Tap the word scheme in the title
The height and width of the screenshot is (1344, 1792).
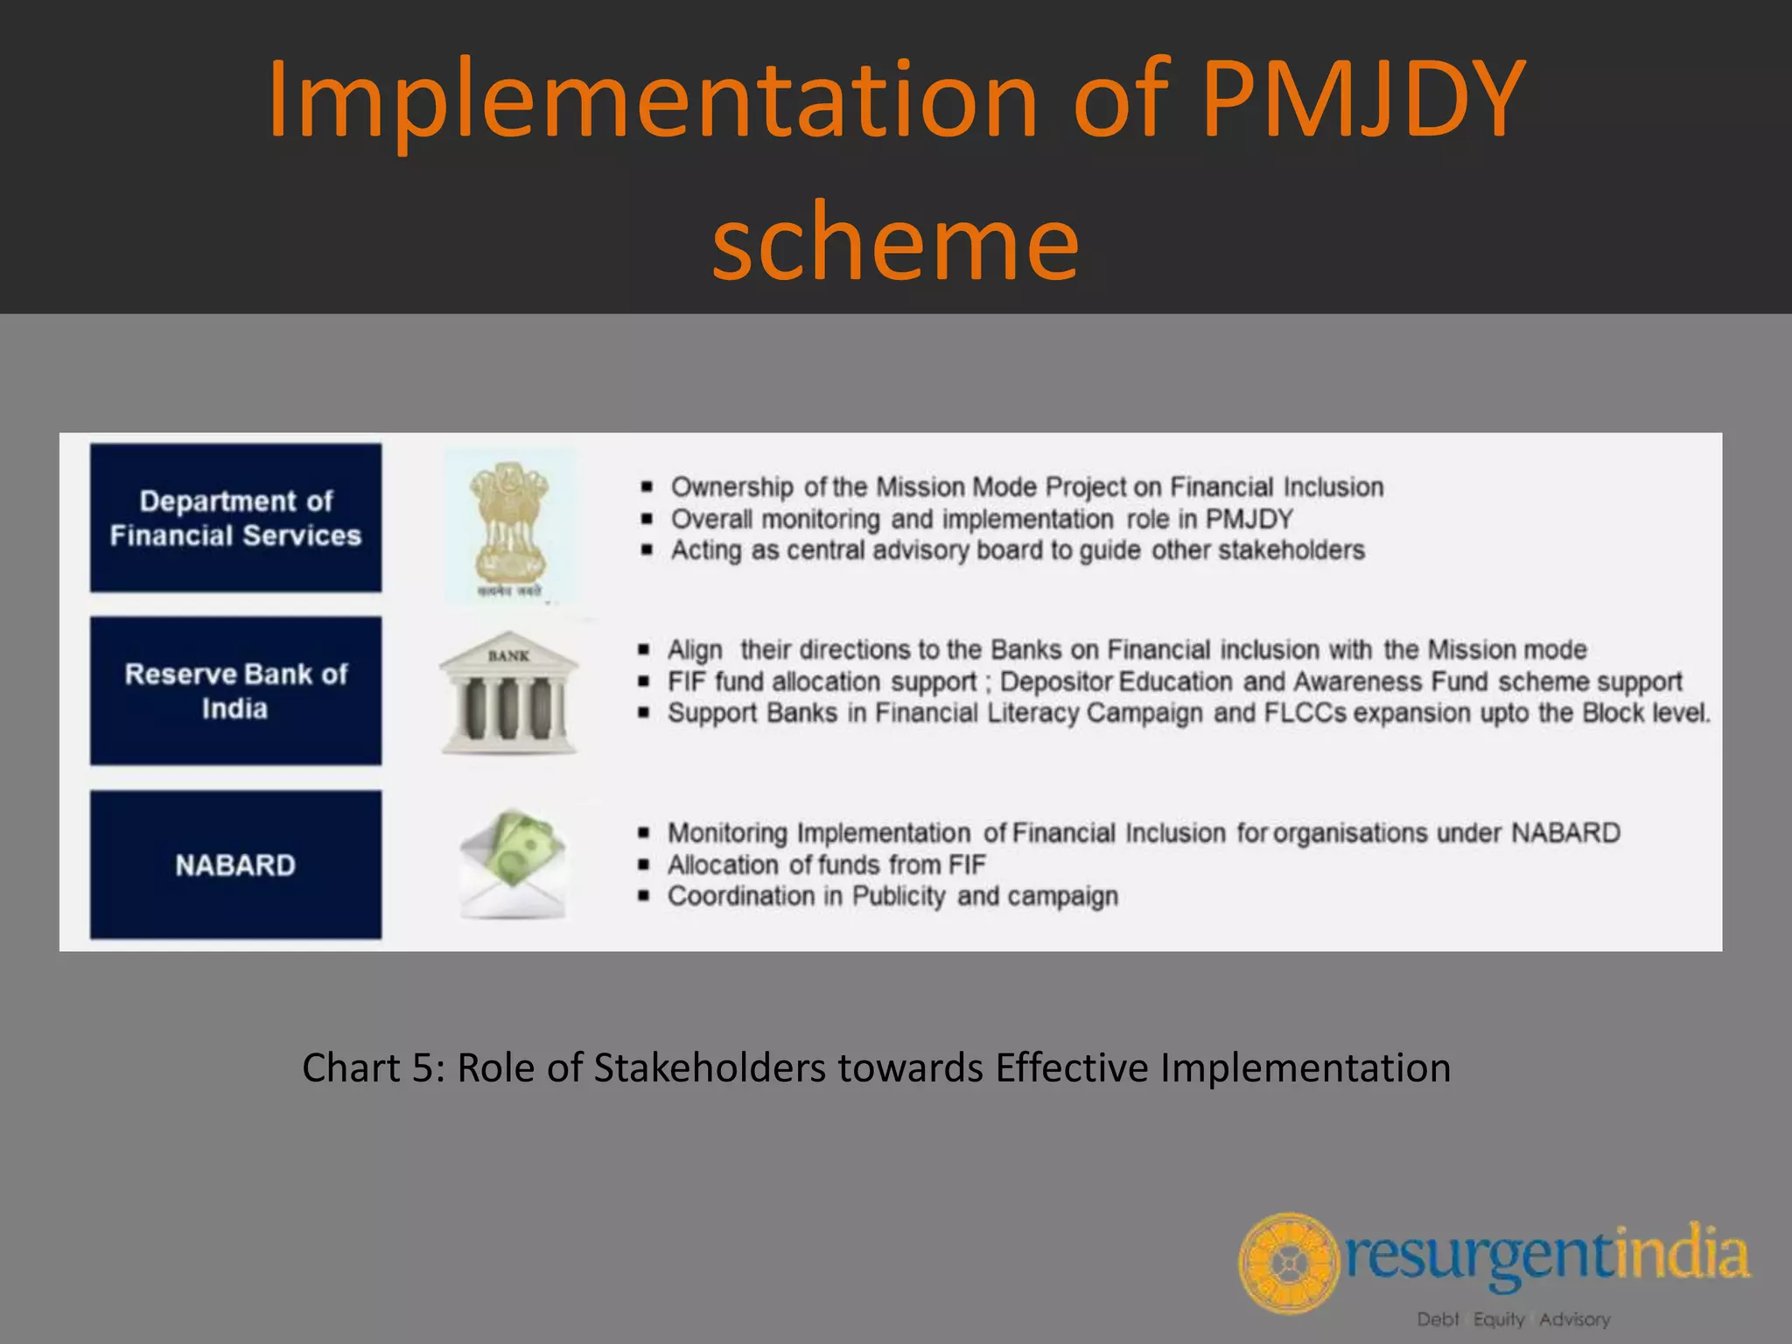pyautogui.click(x=895, y=241)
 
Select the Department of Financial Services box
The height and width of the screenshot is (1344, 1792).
pyautogui.click(x=235, y=518)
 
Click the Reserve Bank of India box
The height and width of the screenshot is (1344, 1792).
pyautogui.click(x=235, y=691)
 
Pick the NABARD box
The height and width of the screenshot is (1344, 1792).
pyautogui.click(x=235, y=865)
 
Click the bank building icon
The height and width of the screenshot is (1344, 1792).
pyautogui.click(x=508, y=694)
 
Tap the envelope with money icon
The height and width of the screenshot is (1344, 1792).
pyautogui.click(x=513, y=864)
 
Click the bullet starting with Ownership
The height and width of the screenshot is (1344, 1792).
pyautogui.click(x=1026, y=486)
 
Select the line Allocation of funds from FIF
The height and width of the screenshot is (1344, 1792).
pyautogui.click(x=826, y=864)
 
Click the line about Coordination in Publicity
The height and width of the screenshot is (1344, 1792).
pyautogui.click(x=892, y=896)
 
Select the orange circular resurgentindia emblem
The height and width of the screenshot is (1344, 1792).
pyautogui.click(x=1288, y=1263)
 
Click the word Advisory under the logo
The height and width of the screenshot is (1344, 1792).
pyautogui.click(x=1574, y=1319)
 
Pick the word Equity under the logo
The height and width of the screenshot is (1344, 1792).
pyautogui.click(x=1499, y=1319)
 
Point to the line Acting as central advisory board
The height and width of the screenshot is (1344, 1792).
pyautogui.click(x=1017, y=550)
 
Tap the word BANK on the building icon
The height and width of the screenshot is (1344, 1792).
pyautogui.click(x=508, y=655)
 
